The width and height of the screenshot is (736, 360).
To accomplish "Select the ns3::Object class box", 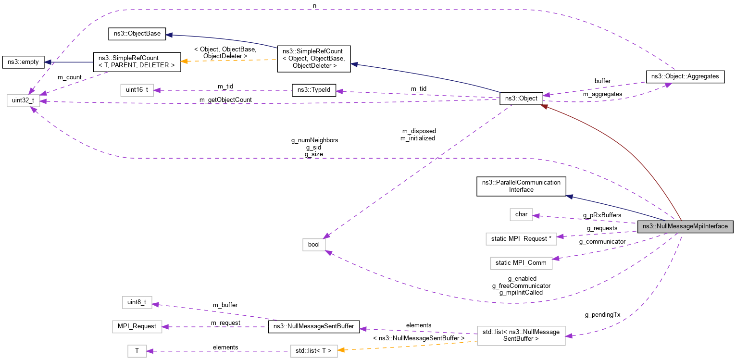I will (x=522, y=99).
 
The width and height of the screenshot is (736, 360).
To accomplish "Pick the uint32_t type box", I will (x=23, y=100).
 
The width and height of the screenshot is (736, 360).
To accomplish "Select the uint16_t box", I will (x=137, y=90).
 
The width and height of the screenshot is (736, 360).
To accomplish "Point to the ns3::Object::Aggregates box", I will (x=685, y=76).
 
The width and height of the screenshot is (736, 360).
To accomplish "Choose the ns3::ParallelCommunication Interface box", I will (x=521, y=186).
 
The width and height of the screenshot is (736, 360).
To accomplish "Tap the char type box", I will (x=521, y=214).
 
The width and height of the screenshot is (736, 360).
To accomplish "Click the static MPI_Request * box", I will (x=521, y=238).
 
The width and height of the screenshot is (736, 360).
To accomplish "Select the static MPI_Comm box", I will (x=521, y=262).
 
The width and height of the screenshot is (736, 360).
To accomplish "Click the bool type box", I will (x=313, y=244).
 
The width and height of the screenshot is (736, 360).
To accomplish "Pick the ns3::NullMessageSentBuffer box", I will (x=313, y=326).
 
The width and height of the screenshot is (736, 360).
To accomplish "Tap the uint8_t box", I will (x=137, y=302).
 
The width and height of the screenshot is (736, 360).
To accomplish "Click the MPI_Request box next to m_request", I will (x=137, y=326).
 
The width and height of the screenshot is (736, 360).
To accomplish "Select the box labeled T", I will (x=137, y=351).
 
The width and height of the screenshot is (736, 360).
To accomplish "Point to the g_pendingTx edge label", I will (x=602, y=315).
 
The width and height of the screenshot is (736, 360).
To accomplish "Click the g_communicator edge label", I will (x=602, y=241).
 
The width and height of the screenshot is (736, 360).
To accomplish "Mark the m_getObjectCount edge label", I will (x=226, y=99).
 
